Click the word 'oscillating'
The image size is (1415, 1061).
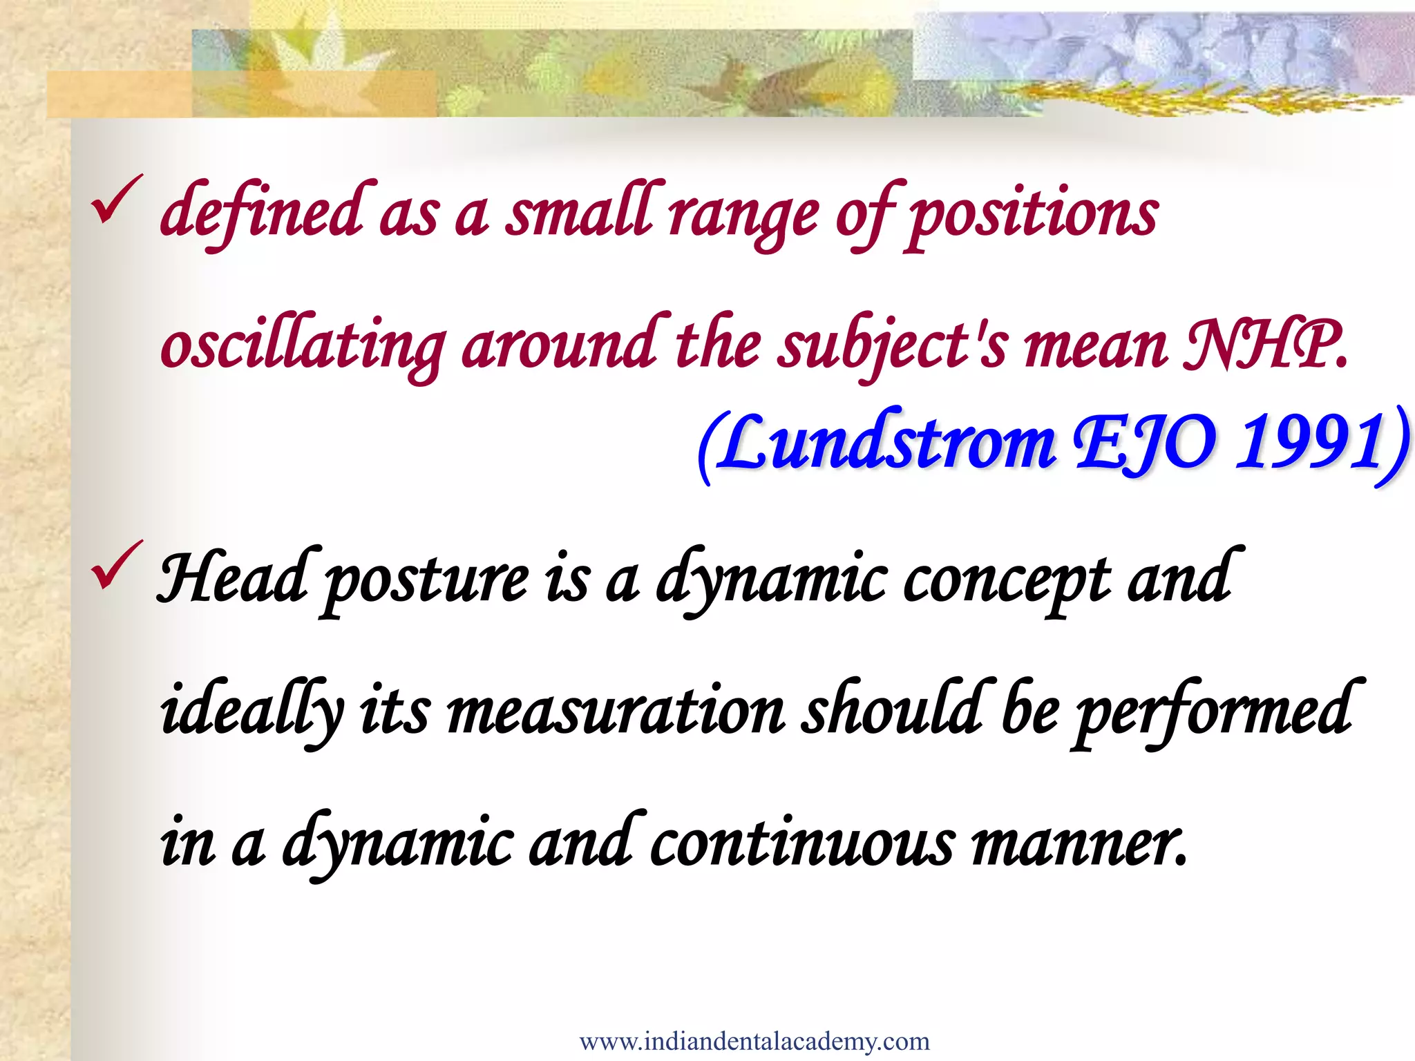click(x=303, y=345)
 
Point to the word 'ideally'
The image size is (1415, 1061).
click(x=251, y=711)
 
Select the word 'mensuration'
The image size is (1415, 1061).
click(x=616, y=711)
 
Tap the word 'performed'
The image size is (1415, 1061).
click(x=1212, y=711)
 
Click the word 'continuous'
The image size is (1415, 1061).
click(x=802, y=843)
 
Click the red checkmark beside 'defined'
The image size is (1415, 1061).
click(x=115, y=200)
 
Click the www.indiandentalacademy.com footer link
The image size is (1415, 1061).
click(x=754, y=1041)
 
